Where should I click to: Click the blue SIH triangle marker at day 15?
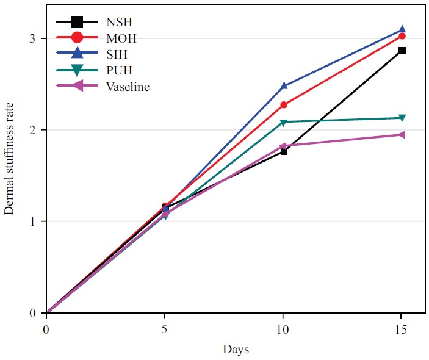[402, 29]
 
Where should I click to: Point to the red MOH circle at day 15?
[402, 36]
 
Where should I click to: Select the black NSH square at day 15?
[402, 50]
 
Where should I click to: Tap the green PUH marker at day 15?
[402, 118]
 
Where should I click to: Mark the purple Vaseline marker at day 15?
[402, 134]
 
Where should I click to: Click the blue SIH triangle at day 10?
[284, 86]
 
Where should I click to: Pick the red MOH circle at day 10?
[284, 105]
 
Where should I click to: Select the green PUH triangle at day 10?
[284, 123]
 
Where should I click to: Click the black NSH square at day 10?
[284, 151]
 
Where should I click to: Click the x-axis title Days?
[236, 350]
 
